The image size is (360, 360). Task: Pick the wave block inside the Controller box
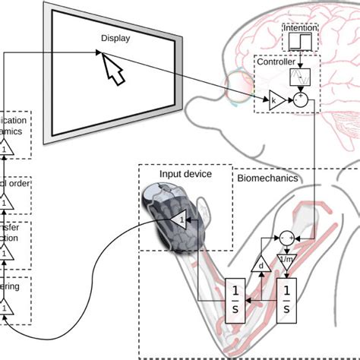(302, 77)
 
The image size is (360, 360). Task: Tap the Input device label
(185, 174)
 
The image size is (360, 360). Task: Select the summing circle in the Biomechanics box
(286, 238)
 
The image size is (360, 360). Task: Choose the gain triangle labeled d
(261, 267)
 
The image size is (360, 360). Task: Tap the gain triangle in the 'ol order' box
(4, 204)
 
